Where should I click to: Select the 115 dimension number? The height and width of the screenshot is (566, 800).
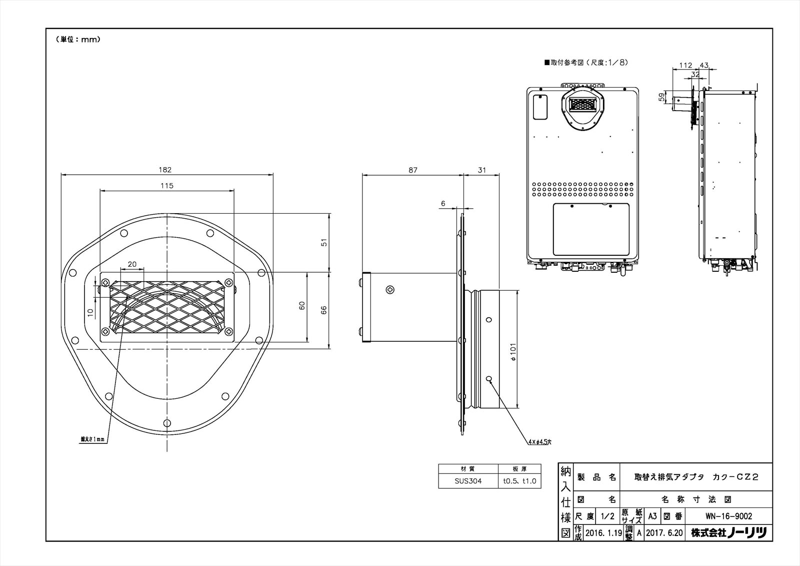tap(167, 186)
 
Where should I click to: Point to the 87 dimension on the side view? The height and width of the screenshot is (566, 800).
tap(412, 170)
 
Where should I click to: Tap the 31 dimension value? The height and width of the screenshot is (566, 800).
tap(481, 170)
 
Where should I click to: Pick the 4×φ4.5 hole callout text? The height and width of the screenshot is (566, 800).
tap(539, 442)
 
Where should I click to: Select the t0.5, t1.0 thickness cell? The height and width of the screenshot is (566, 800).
tap(519, 481)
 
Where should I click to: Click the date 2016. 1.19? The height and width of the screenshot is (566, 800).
tap(603, 533)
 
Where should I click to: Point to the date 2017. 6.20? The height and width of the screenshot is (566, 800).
tap(664, 533)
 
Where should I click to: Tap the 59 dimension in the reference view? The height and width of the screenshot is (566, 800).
tap(662, 97)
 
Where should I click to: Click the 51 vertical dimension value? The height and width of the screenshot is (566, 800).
tap(324, 242)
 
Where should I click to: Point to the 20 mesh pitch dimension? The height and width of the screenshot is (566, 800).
tap(132, 264)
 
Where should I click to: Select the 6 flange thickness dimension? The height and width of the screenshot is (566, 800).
tap(443, 203)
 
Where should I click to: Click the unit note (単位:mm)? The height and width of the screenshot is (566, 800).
tap(77, 40)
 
